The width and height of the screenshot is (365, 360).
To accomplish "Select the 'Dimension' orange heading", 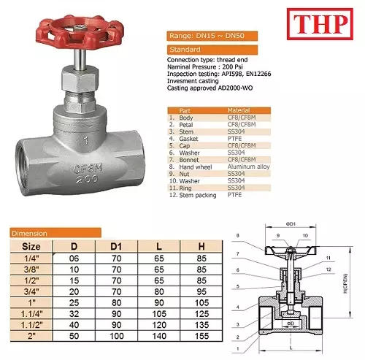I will (x=30, y=233).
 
